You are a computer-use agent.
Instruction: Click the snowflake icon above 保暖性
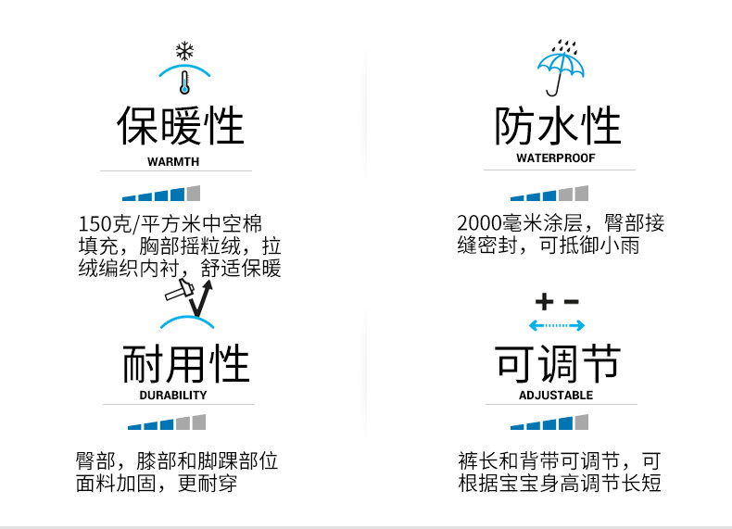[x=183, y=51]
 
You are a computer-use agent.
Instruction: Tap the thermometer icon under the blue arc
[x=184, y=81]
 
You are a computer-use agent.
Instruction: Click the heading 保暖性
[x=180, y=126]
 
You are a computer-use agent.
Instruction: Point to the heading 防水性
[x=557, y=126]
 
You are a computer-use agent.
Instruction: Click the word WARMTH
[x=173, y=161]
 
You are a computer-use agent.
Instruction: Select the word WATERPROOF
[x=556, y=158]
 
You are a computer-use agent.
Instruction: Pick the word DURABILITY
[x=173, y=395]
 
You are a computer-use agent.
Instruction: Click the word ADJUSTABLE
[x=556, y=395]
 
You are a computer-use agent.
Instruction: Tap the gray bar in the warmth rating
[x=193, y=193]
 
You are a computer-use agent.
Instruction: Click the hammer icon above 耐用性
[x=179, y=290]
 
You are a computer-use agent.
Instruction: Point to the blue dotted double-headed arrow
[x=556, y=325]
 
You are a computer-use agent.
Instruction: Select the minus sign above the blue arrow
[x=571, y=302]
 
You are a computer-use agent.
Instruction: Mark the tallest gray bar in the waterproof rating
[x=581, y=193]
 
